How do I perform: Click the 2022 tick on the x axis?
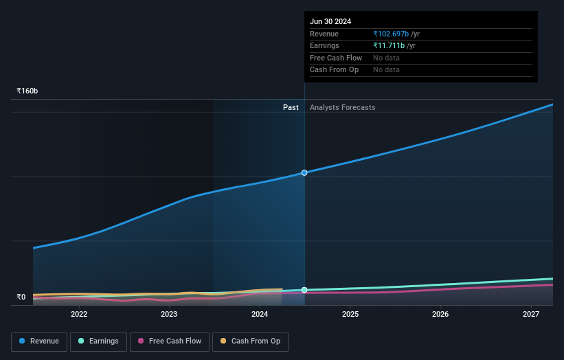pyautogui.click(x=79, y=314)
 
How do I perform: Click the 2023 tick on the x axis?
pyautogui.click(x=169, y=314)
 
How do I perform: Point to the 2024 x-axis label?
pyautogui.click(x=260, y=314)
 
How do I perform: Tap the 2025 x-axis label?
pyautogui.click(x=350, y=314)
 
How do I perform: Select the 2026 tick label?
pyautogui.click(x=440, y=314)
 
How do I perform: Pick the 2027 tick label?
pyautogui.click(x=531, y=314)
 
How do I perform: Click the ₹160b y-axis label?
pyautogui.click(x=27, y=91)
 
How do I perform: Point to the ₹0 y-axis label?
pyautogui.click(x=21, y=297)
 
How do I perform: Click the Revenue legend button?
pyautogui.click(x=39, y=341)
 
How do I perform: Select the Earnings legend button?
pyautogui.click(x=98, y=341)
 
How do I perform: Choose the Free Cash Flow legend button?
pyautogui.click(x=169, y=341)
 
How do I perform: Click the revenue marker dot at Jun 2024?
pyautogui.click(x=304, y=172)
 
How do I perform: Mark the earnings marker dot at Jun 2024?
pyautogui.click(x=304, y=290)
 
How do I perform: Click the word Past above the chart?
pyautogui.click(x=291, y=107)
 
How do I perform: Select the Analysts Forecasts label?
pyautogui.click(x=343, y=107)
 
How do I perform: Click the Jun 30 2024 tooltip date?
pyautogui.click(x=330, y=21)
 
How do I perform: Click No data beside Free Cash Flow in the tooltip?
pyautogui.click(x=386, y=58)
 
